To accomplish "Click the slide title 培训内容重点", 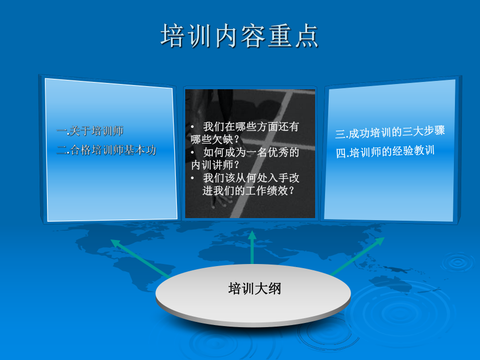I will [239, 36].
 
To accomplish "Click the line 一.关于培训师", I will [90, 131].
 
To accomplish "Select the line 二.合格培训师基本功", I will [106, 150].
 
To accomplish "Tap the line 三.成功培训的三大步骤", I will [390, 132].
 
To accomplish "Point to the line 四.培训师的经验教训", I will [385, 152].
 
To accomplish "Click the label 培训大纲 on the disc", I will [254, 289].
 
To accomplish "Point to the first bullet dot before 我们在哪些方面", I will [193, 127].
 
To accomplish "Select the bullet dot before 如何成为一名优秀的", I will [193, 152].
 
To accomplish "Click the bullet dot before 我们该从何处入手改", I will [193, 178].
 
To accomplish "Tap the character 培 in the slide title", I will [172, 36].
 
